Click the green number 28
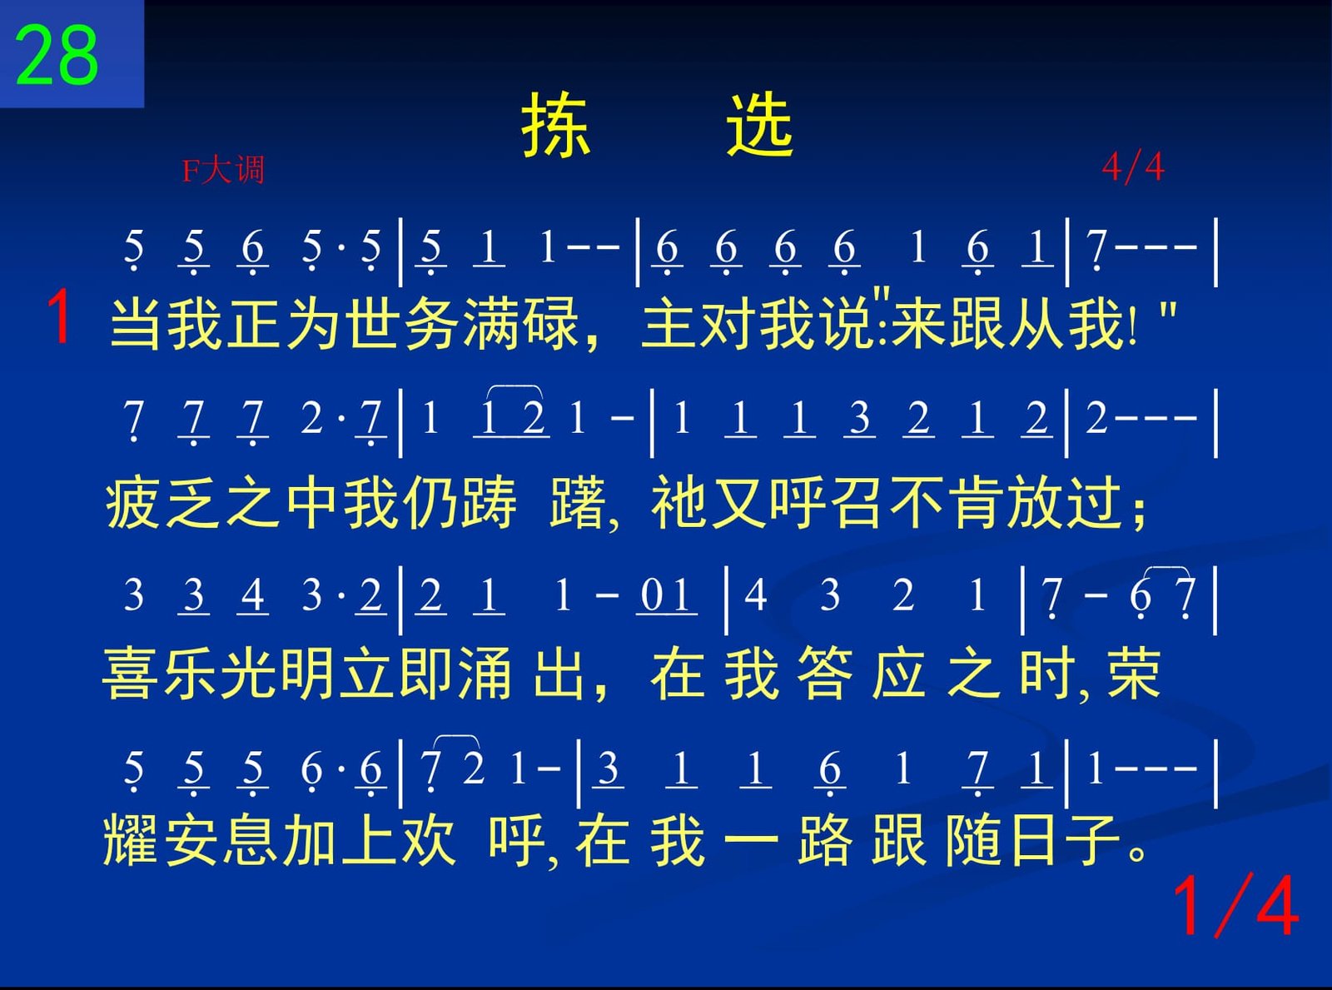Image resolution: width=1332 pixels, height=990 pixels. tap(57, 56)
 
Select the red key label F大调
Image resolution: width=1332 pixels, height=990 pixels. tap(223, 170)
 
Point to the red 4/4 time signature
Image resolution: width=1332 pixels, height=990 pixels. tap(1133, 167)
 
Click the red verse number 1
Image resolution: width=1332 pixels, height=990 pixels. tap(59, 316)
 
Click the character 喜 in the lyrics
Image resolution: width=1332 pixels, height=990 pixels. tap(130, 673)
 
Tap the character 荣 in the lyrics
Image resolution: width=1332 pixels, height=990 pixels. tap(1135, 673)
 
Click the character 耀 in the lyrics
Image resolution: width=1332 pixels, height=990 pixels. tap(131, 840)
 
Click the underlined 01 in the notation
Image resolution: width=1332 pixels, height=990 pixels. tap(666, 596)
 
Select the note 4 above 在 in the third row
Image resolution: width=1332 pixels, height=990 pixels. tap(755, 595)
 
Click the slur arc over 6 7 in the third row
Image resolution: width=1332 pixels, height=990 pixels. tap(1167, 569)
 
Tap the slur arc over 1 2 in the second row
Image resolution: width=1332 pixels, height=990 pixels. tap(515, 387)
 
